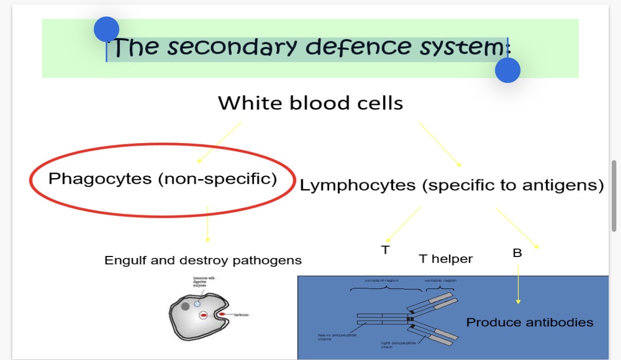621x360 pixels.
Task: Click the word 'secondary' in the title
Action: click(x=232, y=47)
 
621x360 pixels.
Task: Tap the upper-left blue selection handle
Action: click(x=107, y=29)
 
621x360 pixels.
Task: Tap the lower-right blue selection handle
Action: click(x=508, y=70)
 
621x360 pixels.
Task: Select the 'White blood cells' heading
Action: click(x=310, y=104)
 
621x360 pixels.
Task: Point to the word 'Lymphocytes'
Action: click(x=357, y=185)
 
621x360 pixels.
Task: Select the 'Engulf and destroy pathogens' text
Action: click(x=203, y=260)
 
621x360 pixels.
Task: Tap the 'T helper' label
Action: click(x=445, y=259)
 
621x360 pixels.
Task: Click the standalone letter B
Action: click(x=517, y=253)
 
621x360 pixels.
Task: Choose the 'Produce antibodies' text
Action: click(x=529, y=322)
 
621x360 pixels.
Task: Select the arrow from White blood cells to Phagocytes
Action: click(x=219, y=143)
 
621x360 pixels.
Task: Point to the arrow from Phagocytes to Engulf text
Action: click(x=208, y=224)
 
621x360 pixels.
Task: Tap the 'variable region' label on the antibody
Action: click(x=440, y=280)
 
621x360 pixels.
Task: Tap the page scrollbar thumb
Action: click(x=614, y=196)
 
